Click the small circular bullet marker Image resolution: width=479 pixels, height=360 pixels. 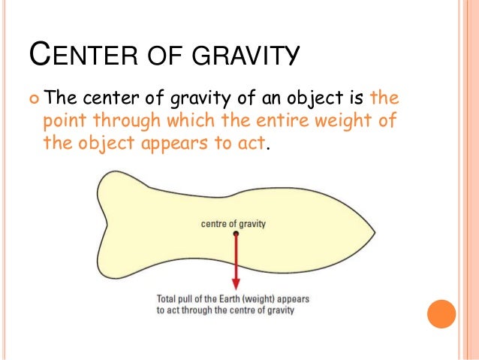pyautogui.click(x=35, y=97)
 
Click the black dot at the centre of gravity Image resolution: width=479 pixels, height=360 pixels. pyautogui.click(x=236, y=234)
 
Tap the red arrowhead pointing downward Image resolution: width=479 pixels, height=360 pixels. pyautogui.click(x=236, y=283)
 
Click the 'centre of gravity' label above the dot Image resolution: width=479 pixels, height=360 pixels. pyautogui.click(x=233, y=223)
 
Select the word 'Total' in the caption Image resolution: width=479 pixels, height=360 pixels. pyautogui.click(x=167, y=298)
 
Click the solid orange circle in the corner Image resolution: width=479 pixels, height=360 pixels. pyautogui.click(x=441, y=313)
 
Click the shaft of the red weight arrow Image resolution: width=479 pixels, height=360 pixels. pyautogui.click(x=236, y=259)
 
